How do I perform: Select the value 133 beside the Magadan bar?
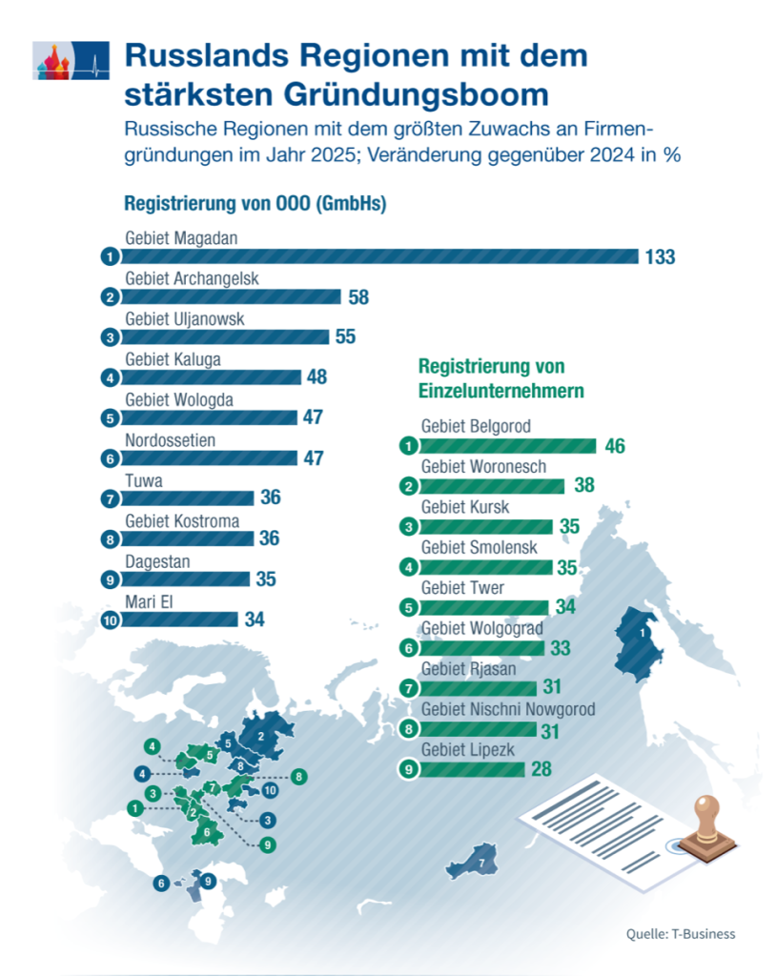point(659,256)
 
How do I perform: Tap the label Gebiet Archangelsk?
point(192,278)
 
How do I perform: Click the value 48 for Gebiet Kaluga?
point(317,377)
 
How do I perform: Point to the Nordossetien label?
point(171,440)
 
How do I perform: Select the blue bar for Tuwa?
point(187,498)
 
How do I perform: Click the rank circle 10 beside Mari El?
point(110,619)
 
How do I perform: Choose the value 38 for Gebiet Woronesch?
point(584,485)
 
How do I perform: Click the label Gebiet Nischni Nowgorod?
point(508,709)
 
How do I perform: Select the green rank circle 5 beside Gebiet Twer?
point(408,607)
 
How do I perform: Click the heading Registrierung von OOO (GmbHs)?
point(255,204)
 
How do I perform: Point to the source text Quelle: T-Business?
point(681,933)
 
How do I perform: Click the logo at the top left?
point(70,60)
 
